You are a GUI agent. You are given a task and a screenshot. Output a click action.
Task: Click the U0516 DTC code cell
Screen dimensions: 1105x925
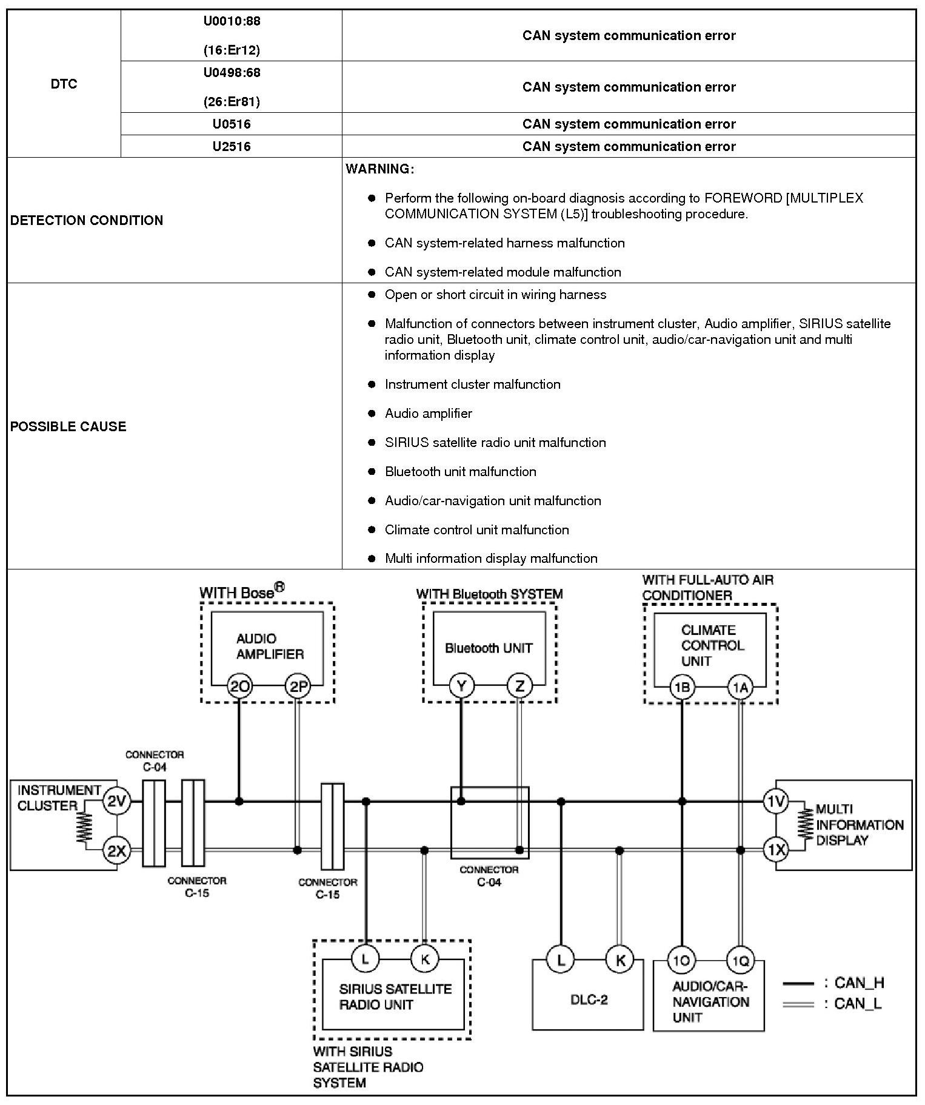(x=231, y=124)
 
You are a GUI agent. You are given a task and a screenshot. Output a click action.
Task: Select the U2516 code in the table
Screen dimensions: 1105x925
(x=231, y=146)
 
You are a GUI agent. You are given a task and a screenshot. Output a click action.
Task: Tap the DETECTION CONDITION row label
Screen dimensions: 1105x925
(x=87, y=220)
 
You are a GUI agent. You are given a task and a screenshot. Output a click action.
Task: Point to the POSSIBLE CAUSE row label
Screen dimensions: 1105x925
(x=68, y=426)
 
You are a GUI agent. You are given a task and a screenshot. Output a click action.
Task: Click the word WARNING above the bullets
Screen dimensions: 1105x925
(x=379, y=169)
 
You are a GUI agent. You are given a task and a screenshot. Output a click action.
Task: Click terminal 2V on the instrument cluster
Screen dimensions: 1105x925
(x=116, y=802)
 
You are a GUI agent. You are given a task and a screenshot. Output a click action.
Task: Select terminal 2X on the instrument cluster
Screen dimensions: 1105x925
(x=116, y=851)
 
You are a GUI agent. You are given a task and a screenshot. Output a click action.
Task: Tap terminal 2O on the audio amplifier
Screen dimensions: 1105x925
(x=239, y=687)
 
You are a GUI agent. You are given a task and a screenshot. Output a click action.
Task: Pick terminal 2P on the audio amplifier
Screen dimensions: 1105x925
(x=298, y=687)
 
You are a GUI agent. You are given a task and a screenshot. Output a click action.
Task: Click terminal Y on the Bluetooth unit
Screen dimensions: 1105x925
(x=461, y=687)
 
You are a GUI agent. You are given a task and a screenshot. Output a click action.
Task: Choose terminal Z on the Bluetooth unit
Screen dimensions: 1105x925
(x=519, y=687)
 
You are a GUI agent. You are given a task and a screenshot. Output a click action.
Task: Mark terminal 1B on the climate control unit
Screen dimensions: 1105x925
(x=683, y=687)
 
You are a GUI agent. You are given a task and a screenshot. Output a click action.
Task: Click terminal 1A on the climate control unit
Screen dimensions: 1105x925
(x=741, y=687)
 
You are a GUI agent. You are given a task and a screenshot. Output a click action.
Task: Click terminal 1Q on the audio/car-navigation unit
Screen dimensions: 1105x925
(x=741, y=960)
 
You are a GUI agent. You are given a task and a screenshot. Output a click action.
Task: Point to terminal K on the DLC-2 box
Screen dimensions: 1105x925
(x=620, y=959)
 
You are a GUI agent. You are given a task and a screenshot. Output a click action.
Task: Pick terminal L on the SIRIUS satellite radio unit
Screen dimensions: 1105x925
(x=366, y=959)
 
